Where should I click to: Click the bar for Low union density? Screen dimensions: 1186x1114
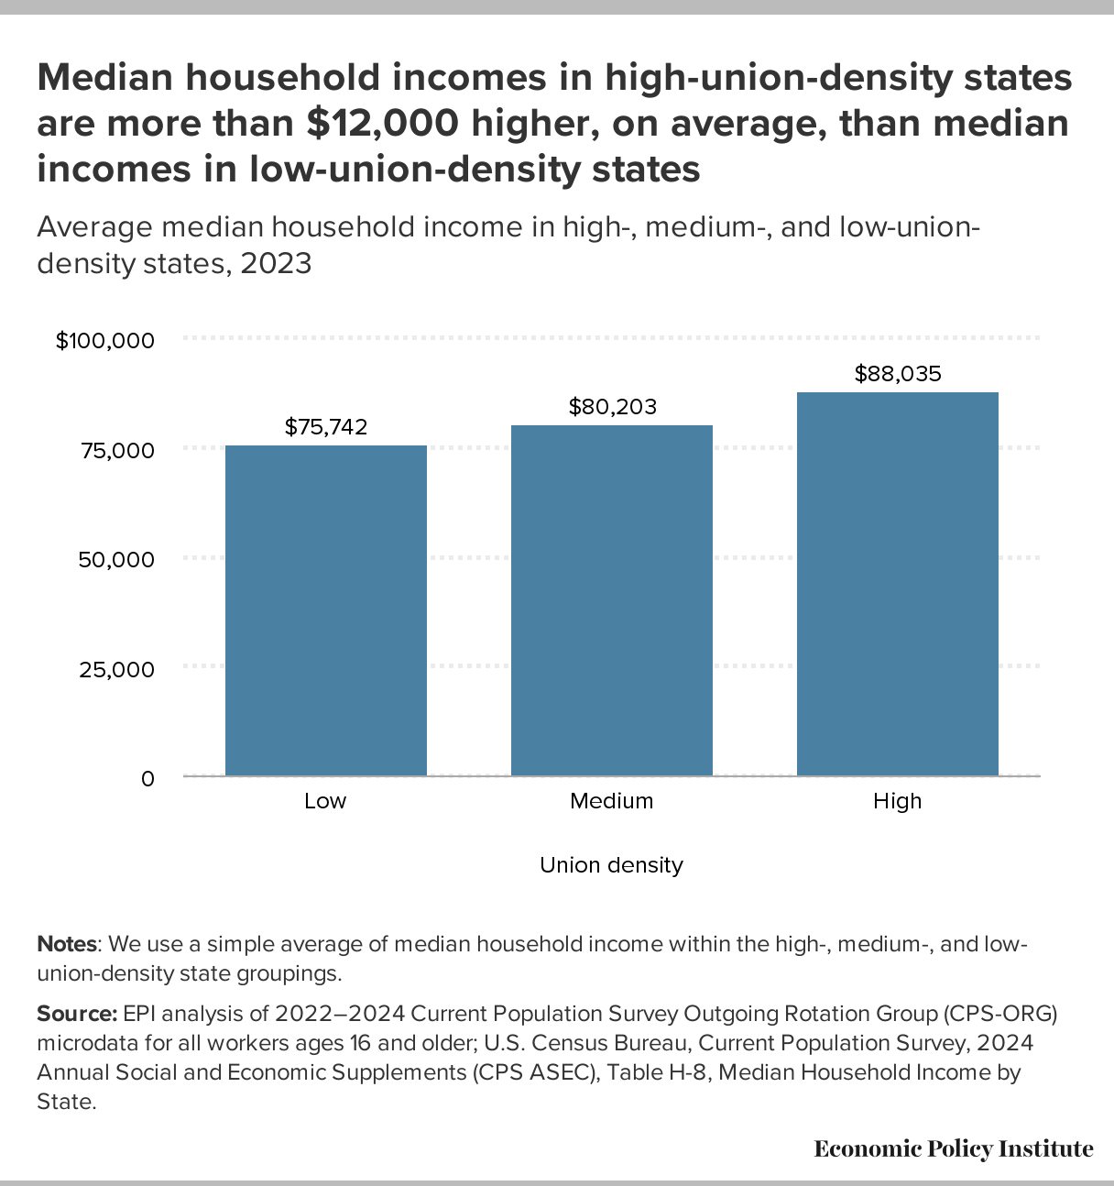[x=326, y=610]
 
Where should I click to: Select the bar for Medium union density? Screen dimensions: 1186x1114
[x=612, y=600]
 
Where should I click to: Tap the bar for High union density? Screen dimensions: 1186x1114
[x=898, y=584]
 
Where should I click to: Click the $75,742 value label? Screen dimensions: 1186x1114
[x=326, y=426]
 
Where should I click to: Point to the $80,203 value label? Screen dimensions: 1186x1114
[x=612, y=406]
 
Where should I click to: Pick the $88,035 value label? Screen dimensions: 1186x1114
[x=898, y=373]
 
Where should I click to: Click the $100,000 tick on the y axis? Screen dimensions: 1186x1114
[x=104, y=341]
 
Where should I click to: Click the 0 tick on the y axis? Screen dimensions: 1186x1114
[x=147, y=778]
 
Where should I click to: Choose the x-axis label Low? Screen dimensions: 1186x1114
[x=325, y=801]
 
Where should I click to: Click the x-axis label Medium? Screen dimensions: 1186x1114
[x=612, y=801]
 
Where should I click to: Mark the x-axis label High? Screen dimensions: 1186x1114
[x=897, y=801]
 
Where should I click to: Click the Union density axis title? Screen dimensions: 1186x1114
[x=611, y=865]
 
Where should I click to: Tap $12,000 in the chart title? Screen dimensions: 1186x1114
[x=382, y=124]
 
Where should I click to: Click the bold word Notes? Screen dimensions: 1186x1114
[x=67, y=944]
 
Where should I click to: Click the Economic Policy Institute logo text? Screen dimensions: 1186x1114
[x=954, y=1148]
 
